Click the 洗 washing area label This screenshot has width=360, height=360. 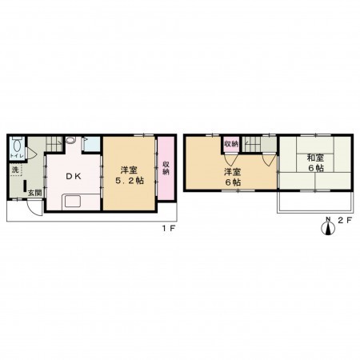[x=15, y=170]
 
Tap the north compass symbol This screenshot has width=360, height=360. [x=326, y=228]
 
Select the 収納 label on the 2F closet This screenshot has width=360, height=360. [x=230, y=144]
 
